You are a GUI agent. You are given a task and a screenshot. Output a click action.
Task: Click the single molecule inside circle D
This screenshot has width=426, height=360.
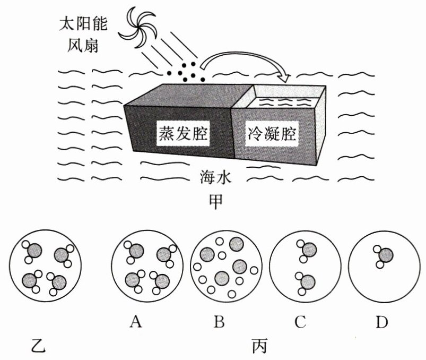[x=385, y=256]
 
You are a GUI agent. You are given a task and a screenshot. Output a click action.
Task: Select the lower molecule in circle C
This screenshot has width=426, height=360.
[x=306, y=282]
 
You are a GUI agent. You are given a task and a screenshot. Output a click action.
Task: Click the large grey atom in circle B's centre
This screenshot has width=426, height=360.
[x=222, y=278]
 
